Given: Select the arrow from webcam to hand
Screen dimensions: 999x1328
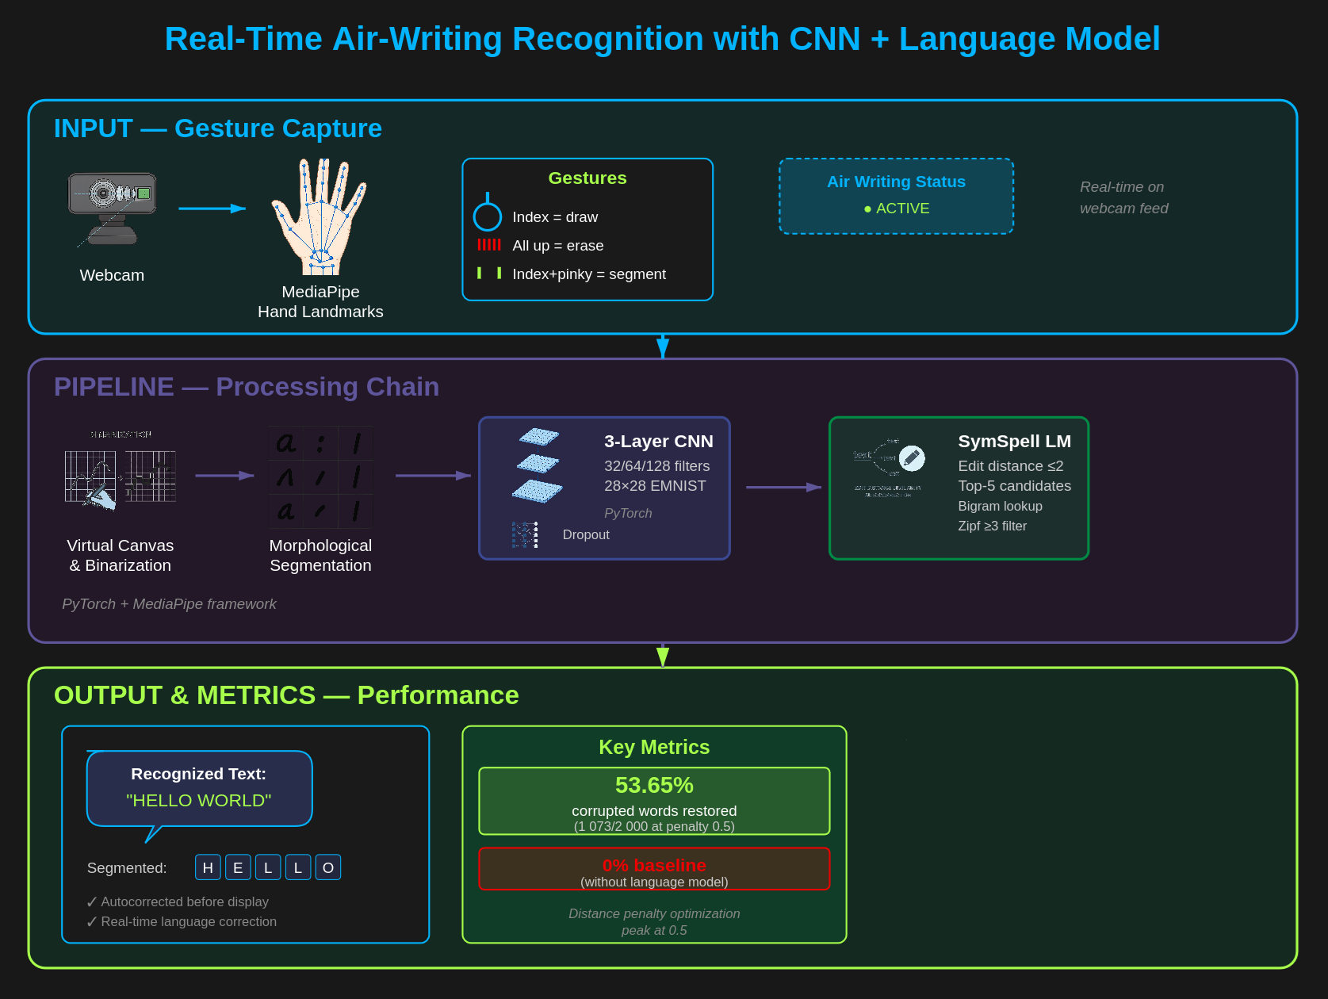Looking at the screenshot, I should point(212,209).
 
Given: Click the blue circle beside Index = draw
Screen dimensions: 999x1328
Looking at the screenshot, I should point(488,216).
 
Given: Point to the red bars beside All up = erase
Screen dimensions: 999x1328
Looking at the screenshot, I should point(489,245).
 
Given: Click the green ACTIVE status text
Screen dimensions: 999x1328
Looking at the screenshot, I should point(897,209).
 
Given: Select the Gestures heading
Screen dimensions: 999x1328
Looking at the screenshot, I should point(587,178).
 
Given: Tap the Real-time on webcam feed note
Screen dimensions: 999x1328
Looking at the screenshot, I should point(1123,197).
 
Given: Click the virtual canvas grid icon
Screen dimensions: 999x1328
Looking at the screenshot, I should point(120,476).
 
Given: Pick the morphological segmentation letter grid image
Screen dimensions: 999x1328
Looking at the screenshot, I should point(320,477).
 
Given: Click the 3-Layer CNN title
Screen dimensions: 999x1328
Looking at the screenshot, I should point(658,442).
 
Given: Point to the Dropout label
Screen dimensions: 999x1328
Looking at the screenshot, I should point(586,535).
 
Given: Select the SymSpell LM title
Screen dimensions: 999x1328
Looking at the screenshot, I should point(1014,442).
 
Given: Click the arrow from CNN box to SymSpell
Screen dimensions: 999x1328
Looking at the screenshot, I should point(783,488).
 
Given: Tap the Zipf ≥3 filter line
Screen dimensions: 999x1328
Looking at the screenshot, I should point(992,526).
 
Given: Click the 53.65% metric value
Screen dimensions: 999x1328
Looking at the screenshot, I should point(654,785).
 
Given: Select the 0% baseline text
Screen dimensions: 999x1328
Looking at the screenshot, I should point(654,865).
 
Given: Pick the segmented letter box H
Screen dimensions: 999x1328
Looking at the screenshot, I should point(208,867).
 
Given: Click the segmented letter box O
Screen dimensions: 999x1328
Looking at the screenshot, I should point(328,867).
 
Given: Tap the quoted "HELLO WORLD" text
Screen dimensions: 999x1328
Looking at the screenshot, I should point(199,801).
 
